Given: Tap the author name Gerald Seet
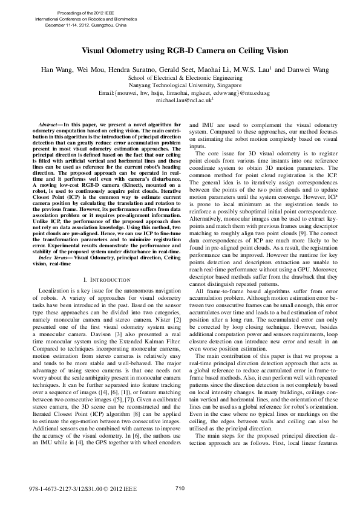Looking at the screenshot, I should (175, 70).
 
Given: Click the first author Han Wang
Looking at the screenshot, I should (54, 70).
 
